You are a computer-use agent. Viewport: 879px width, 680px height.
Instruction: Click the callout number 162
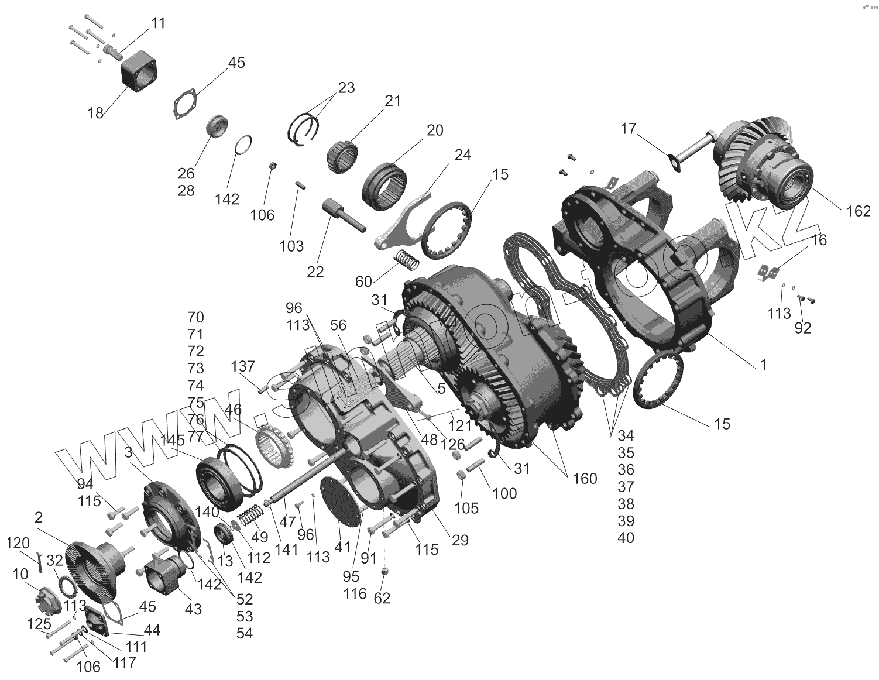tap(859, 211)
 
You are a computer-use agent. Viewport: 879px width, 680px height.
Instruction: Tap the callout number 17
tap(628, 129)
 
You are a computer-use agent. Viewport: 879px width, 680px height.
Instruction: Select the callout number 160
tap(585, 479)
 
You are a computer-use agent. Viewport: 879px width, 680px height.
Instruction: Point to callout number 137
tap(243, 367)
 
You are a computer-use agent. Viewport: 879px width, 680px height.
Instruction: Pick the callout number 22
tap(315, 273)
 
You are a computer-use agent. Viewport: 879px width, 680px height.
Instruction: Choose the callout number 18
tap(95, 113)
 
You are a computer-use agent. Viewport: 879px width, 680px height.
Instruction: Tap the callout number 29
tap(460, 540)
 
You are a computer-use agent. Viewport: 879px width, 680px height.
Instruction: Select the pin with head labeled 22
tap(342, 215)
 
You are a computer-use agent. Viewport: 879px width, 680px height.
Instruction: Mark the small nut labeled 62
tap(385, 571)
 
